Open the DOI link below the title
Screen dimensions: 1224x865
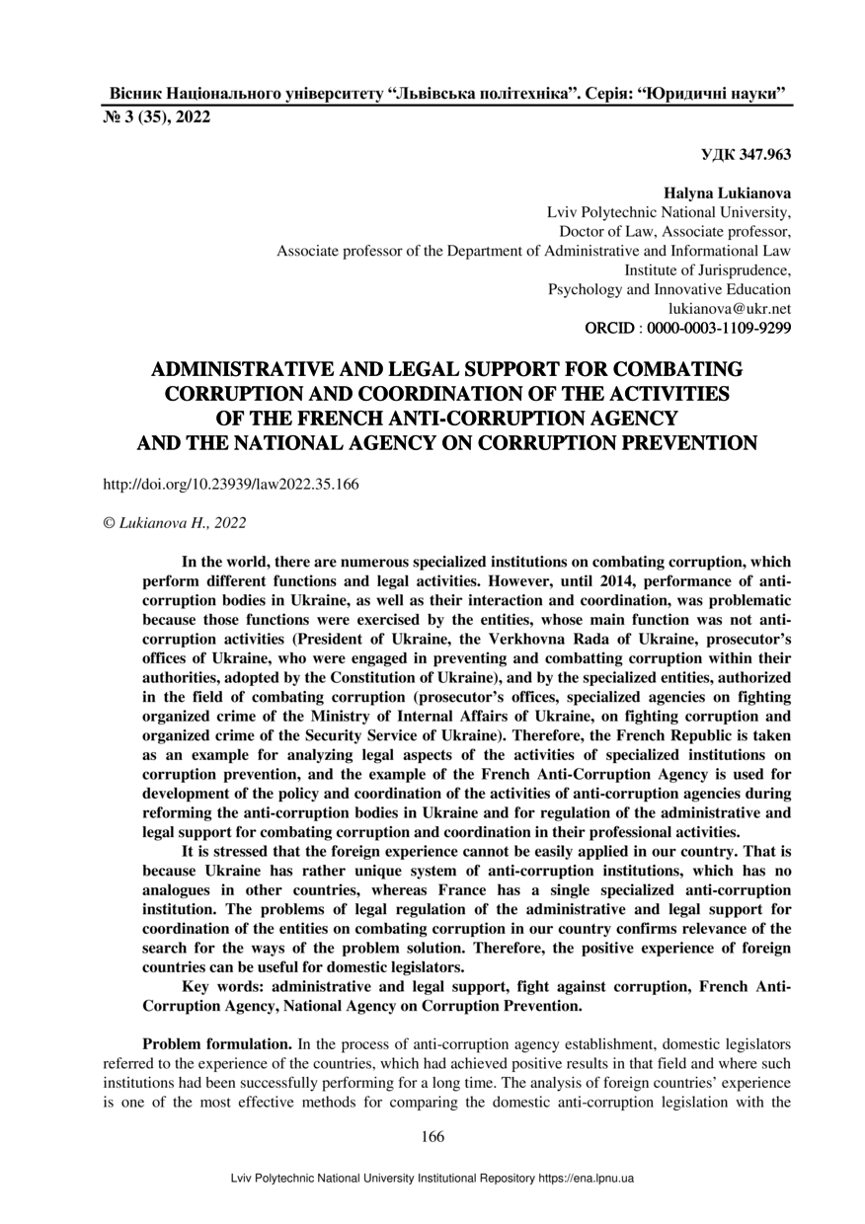click(x=231, y=485)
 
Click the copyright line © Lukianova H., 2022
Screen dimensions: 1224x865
click(x=175, y=522)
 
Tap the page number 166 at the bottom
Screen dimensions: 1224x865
click(x=432, y=1136)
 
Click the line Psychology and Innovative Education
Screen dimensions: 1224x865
click(x=668, y=289)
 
